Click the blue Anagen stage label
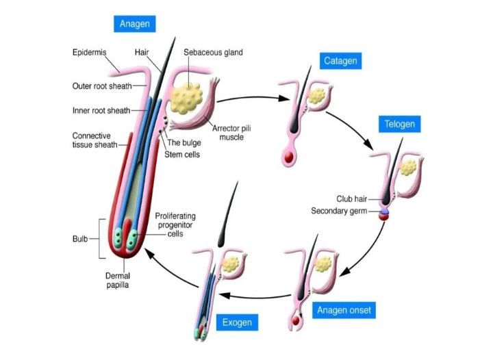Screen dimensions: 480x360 pos(135,24)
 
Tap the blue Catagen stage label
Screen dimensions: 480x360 pos(340,61)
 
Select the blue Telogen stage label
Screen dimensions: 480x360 pos(399,124)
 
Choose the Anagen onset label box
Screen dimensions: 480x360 pos(344,310)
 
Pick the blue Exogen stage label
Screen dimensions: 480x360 pos(237,322)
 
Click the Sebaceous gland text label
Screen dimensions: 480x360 pos(213,52)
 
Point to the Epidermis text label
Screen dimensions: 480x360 pos(90,52)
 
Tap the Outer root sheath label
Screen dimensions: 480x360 pos(102,86)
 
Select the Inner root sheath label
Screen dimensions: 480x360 pos(101,110)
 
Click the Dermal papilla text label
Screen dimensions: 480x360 pos(118,281)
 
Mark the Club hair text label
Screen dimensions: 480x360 pos(352,198)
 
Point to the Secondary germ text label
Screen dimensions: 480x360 pos(339,211)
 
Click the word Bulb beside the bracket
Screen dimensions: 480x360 pos(80,239)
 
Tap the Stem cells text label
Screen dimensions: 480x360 pos(182,155)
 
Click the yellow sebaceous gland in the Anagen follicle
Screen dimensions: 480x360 pos(186,98)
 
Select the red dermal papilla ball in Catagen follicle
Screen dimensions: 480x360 pos(289,157)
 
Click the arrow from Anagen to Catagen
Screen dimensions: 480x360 pos(253,98)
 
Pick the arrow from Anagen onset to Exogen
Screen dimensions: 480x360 pos(255,296)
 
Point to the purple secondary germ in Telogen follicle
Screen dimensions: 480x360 pos(384,211)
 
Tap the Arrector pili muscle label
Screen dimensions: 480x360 pos(231,133)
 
